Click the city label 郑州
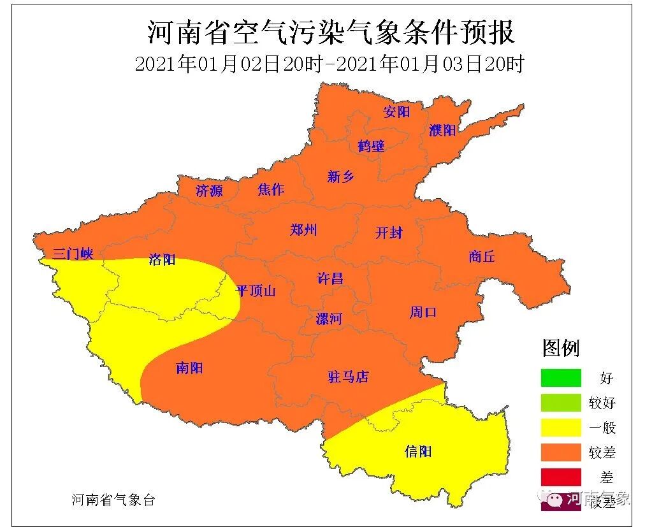(x=303, y=230)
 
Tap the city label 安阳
(x=396, y=112)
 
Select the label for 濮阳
(x=442, y=130)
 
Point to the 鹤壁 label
(x=371, y=146)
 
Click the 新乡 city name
(x=340, y=177)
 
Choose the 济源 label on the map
(x=209, y=190)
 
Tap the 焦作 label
(x=271, y=189)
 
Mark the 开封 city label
(x=389, y=233)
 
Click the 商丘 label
(x=482, y=256)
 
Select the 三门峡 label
(x=73, y=254)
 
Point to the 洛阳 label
(x=162, y=259)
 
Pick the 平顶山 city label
(x=256, y=291)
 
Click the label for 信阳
(x=418, y=451)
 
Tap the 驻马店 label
(x=348, y=377)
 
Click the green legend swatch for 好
(x=561, y=378)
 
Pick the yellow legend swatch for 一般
(x=561, y=428)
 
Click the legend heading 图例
(x=561, y=348)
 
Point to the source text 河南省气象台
(x=113, y=500)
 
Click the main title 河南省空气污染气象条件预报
(x=331, y=32)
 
